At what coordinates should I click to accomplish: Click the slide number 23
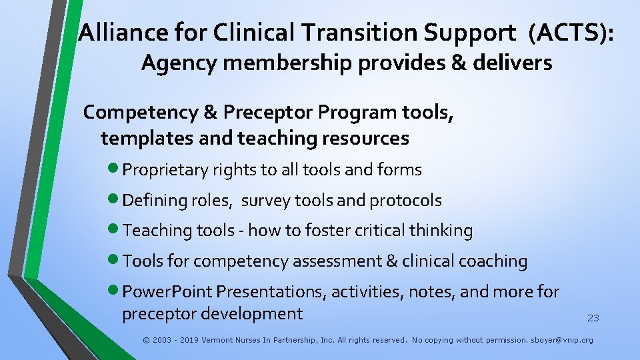tap(593, 318)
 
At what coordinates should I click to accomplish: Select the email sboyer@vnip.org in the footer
tap(562, 340)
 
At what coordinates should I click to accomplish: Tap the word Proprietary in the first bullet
tap(166, 170)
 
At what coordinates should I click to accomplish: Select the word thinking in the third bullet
tap(441, 231)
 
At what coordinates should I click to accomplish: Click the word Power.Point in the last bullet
tap(167, 292)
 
